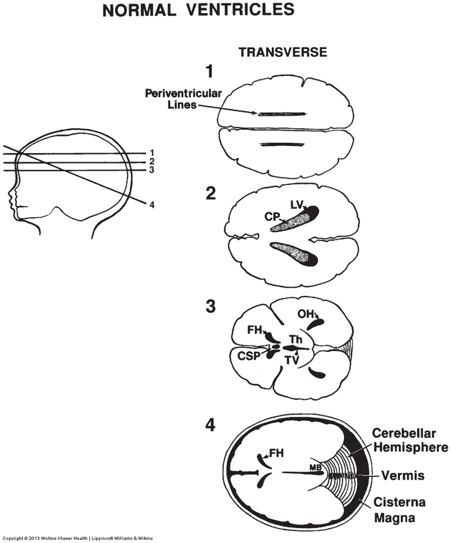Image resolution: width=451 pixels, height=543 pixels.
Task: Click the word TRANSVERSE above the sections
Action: [x=283, y=52]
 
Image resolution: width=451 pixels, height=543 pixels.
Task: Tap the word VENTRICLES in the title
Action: [x=238, y=10]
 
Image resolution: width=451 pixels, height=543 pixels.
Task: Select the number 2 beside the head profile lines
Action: [x=152, y=161]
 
